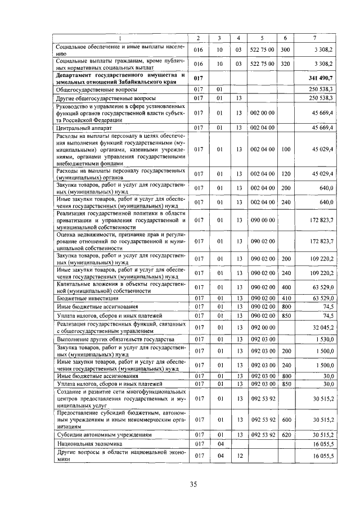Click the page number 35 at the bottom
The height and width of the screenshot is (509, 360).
tap(192, 484)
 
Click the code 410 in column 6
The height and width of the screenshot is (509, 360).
tap(285, 298)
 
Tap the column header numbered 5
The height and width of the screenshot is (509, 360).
tap(262, 38)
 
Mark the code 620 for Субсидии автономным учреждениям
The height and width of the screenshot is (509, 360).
tap(285, 435)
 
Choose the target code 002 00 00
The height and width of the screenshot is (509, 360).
tap(263, 113)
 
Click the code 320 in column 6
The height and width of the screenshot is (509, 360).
tap(285, 64)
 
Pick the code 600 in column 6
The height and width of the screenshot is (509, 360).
tap(285, 419)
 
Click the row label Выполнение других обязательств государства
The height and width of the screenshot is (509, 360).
tap(111, 340)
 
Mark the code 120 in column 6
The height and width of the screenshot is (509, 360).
tap(285, 174)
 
